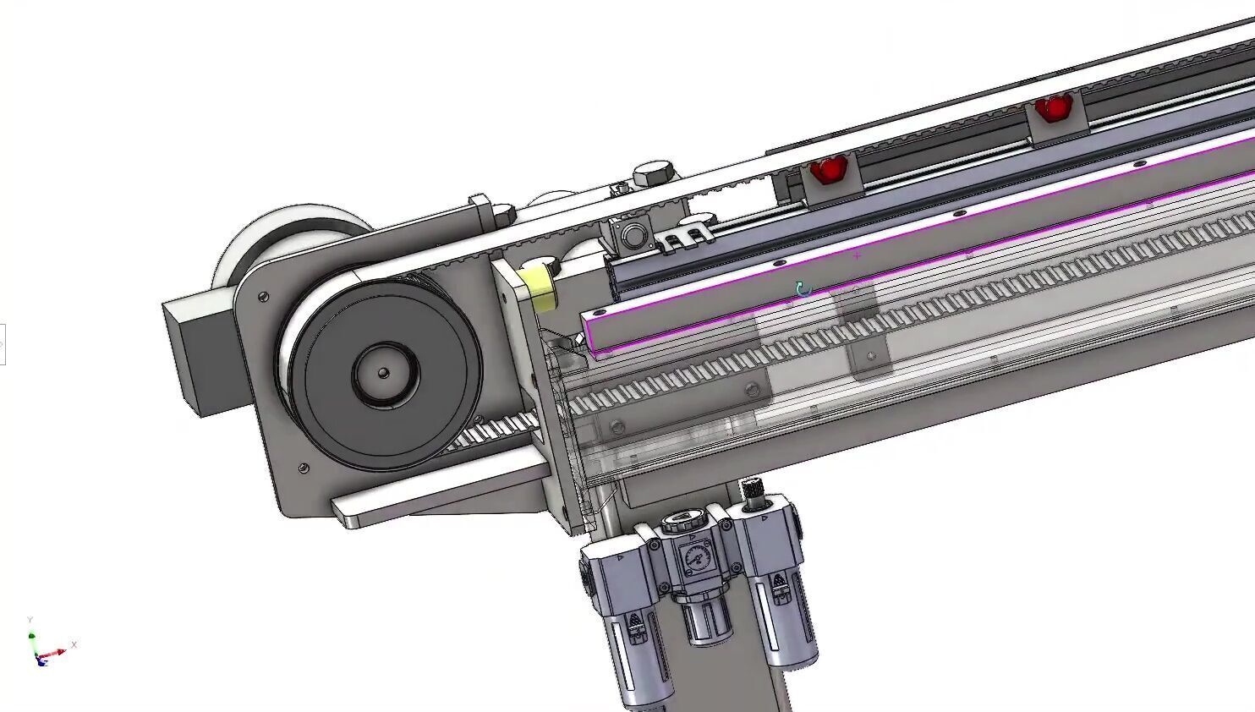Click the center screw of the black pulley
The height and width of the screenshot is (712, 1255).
383,373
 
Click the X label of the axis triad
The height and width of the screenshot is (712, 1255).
74,644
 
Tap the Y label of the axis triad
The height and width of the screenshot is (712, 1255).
30,621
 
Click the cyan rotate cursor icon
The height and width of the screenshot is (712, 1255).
803,290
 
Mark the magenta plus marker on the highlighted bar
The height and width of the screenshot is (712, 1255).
858,255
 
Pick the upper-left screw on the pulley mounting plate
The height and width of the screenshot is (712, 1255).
264,296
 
